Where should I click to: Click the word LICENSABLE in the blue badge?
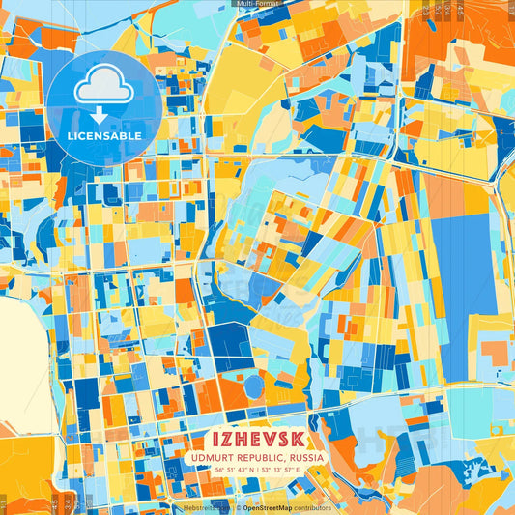pyautogui.click(x=104, y=135)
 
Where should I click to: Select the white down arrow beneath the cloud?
pyautogui.click(x=104, y=113)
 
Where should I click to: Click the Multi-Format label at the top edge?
pyautogui.click(x=258, y=4)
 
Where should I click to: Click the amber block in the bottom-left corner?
pyautogui.click(x=24, y=473)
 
